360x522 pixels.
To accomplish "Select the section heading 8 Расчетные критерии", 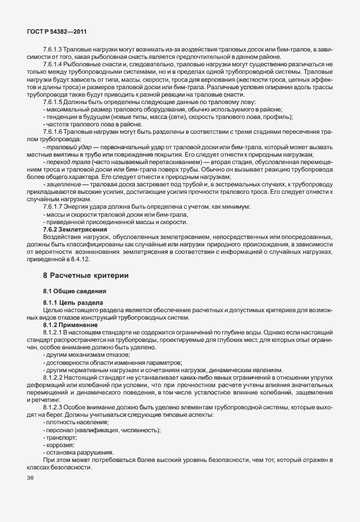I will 86,276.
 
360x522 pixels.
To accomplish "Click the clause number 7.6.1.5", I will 54,102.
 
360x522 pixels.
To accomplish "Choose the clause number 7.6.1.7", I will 54,206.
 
